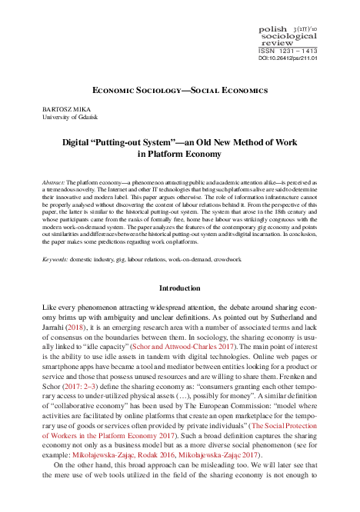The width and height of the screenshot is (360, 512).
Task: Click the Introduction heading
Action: coord(179,288)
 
